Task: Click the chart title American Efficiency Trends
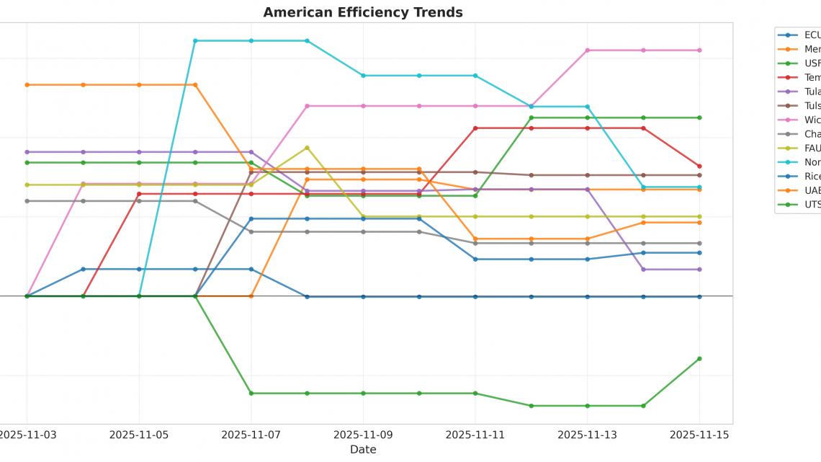click(363, 12)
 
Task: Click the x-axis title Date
click(363, 450)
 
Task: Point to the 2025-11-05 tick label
click(139, 435)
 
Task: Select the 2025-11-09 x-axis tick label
click(363, 435)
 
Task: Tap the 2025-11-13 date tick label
click(587, 435)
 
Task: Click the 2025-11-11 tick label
click(475, 435)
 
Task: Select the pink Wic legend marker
click(787, 120)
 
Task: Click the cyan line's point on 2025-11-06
click(195, 41)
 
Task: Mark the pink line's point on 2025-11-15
click(699, 50)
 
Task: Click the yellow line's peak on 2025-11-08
click(308, 148)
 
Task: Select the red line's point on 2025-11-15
click(699, 166)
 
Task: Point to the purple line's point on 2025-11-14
click(643, 270)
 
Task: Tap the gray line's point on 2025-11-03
click(27, 201)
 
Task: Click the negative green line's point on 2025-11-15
click(699, 359)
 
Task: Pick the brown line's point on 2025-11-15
click(699, 175)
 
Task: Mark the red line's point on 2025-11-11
click(475, 128)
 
